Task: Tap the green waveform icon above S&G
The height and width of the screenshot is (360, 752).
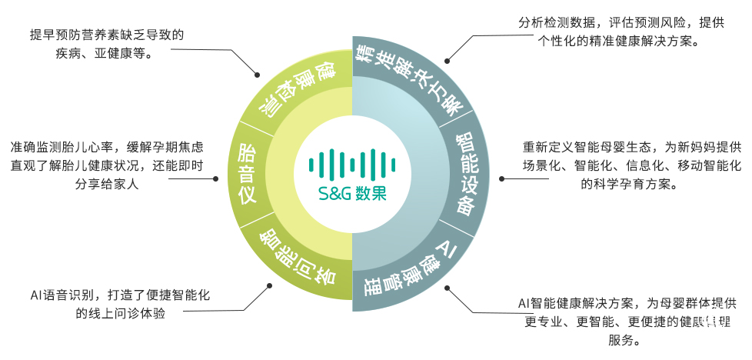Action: (x=353, y=162)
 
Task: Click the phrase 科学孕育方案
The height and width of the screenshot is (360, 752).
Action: (x=629, y=184)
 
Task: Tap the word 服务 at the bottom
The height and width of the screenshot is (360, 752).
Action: (x=621, y=340)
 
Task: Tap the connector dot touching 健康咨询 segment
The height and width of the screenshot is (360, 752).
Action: (x=256, y=75)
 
